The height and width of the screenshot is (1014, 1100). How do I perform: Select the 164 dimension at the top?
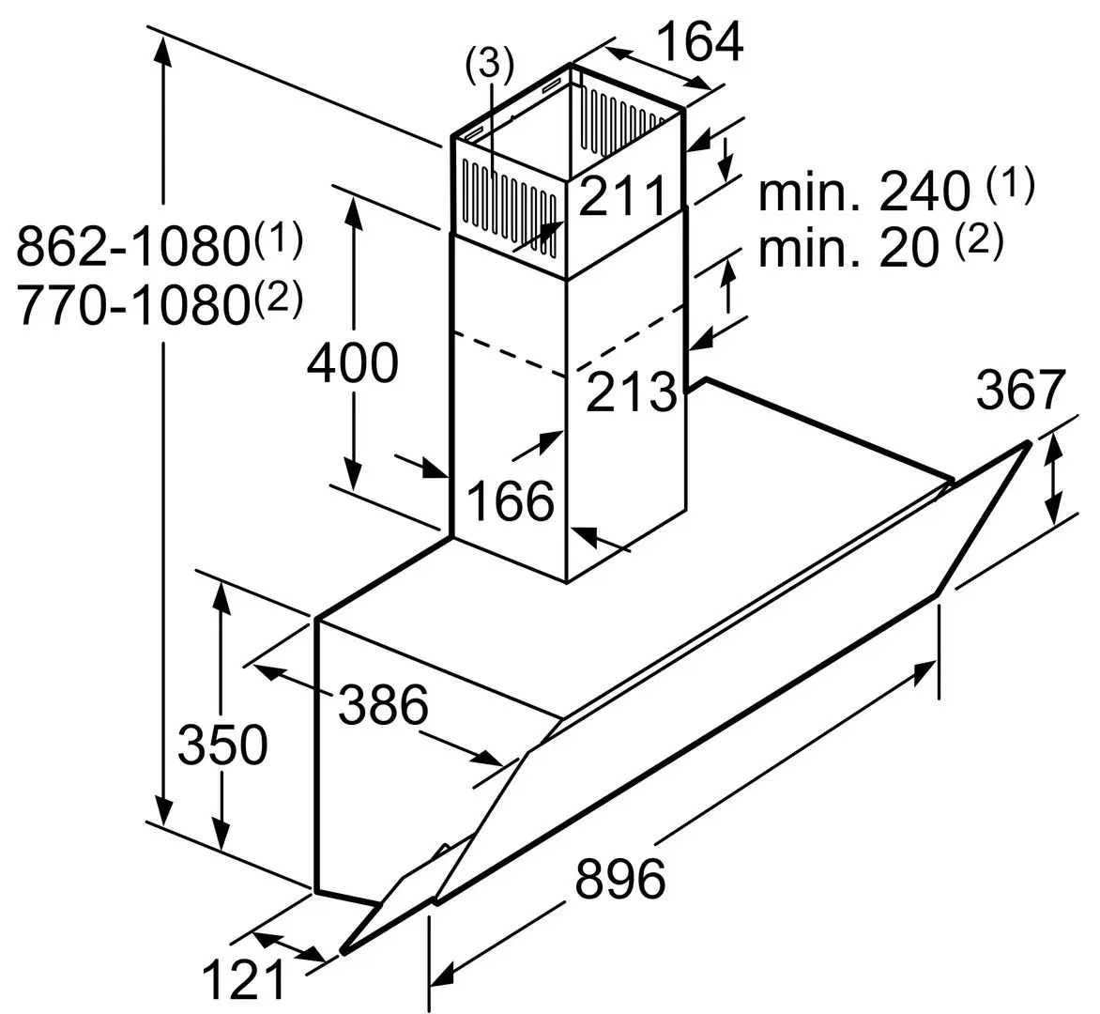coord(698,41)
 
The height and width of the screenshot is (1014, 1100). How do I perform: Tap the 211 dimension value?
coord(621,195)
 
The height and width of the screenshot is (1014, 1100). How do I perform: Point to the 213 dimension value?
coord(632,392)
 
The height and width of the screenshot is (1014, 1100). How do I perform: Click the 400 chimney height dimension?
coord(353,363)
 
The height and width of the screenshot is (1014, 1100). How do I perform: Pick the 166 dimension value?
coord(511,500)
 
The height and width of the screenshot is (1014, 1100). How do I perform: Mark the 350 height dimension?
coord(223,745)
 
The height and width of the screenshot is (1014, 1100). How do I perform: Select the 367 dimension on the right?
coord(1021,391)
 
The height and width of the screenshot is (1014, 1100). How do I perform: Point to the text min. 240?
coord(863,192)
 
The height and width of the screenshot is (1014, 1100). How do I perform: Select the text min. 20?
coord(848,249)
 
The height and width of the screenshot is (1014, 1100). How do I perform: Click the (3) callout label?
coord(490,64)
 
